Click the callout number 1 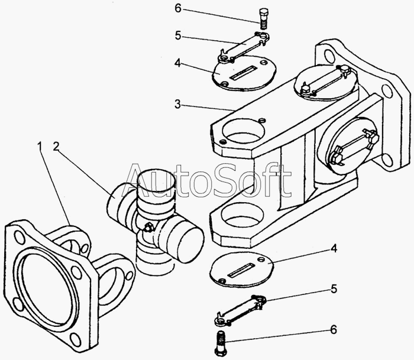tap(40, 147)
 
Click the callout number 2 tap(56, 147)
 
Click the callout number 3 tap(177, 104)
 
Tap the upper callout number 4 tap(177, 63)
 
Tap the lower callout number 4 tap(334, 248)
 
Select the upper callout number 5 tap(178, 35)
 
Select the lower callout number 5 tap(334, 288)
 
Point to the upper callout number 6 tap(178, 8)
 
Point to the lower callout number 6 tap(334, 329)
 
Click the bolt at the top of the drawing tap(263, 19)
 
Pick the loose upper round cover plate tap(244, 73)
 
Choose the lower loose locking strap tap(240, 310)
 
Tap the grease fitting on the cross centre tap(148, 227)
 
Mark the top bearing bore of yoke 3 tap(244, 131)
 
